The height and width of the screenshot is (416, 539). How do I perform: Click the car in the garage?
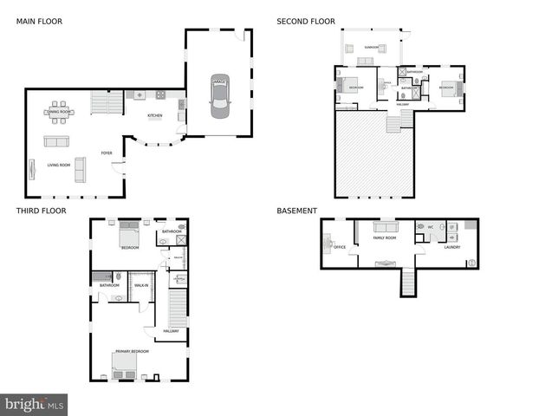click(x=219, y=96)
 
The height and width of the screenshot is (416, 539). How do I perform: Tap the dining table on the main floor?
click(x=59, y=111)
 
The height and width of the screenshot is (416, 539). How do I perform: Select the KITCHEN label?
click(x=154, y=115)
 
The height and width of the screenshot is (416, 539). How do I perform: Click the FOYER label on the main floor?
click(x=107, y=153)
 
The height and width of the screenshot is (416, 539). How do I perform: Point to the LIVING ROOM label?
click(x=46, y=165)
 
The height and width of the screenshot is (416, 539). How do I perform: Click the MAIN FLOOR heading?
click(x=38, y=21)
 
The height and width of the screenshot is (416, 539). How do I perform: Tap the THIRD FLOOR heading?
click(x=41, y=211)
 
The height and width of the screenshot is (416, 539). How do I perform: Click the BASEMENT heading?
click(x=296, y=211)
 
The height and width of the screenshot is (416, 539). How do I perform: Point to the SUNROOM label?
click(x=371, y=47)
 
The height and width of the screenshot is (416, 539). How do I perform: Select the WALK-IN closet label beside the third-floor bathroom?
click(x=140, y=285)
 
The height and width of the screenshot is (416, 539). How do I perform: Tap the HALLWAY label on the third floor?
click(x=172, y=330)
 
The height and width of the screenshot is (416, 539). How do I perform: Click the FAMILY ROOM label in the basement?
click(x=384, y=237)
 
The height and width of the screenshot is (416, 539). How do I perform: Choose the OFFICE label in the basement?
click(x=339, y=247)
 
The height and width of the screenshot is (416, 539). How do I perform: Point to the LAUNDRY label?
click(x=451, y=247)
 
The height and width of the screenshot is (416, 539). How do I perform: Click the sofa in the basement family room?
click(x=384, y=227)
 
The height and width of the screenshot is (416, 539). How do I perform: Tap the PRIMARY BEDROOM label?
click(x=132, y=351)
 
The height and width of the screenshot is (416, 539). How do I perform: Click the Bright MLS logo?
click(x=34, y=405)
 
